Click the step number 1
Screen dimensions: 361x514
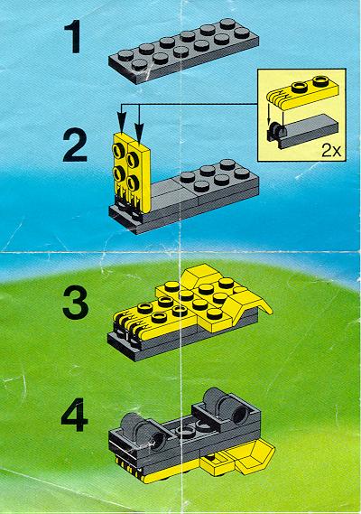74,36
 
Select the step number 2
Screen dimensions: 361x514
75,145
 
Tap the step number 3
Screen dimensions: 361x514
75,303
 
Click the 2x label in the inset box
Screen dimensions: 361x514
331,151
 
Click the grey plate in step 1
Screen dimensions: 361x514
183,51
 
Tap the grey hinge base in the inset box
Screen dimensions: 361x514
302,130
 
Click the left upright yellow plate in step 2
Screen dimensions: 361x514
122,171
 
